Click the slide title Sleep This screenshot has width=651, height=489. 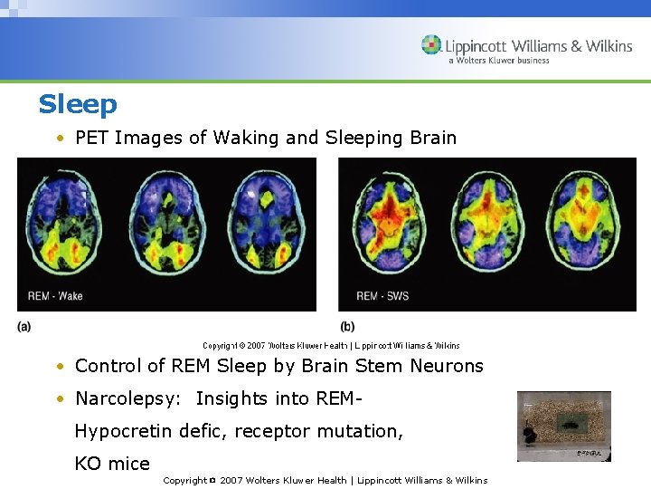(78, 105)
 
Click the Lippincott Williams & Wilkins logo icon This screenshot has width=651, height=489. (431, 45)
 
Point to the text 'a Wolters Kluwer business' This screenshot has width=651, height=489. (498, 62)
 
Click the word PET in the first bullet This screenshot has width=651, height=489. (92, 138)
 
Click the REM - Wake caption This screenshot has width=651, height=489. (55, 296)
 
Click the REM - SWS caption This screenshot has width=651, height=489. (382, 296)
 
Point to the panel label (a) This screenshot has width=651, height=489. (24, 326)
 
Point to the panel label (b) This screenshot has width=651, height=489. (347, 327)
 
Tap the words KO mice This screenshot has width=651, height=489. (112, 464)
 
